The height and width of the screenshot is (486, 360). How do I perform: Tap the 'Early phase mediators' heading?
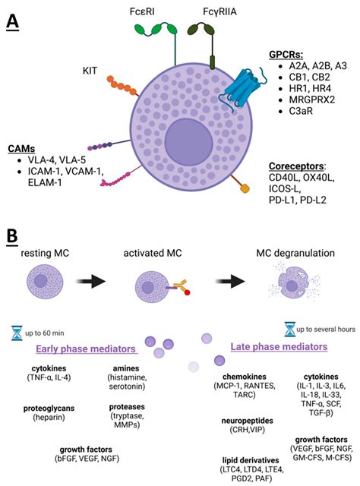tap(86, 348)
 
